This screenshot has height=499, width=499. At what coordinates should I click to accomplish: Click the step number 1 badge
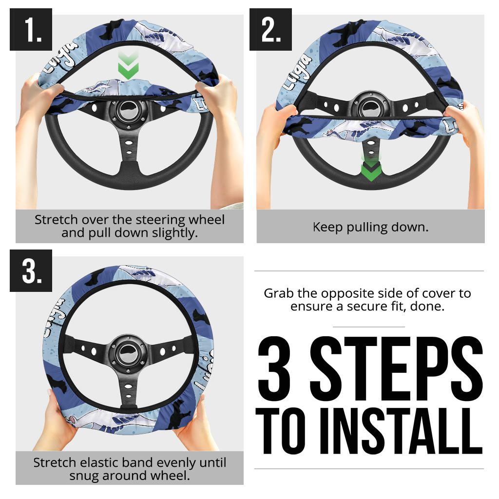pyautogui.click(x=31, y=29)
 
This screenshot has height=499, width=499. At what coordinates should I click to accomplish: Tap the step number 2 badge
pyautogui.click(x=270, y=29)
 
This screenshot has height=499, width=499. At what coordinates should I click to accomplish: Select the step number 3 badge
pyautogui.click(x=31, y=270)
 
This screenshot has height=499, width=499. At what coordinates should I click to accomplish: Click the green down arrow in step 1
pyautogui.click(x=128, y=66)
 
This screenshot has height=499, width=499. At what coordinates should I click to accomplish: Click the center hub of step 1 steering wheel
pyautogui.click(x=129, y=111)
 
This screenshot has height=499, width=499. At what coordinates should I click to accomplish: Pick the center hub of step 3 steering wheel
pyautogui.click(x=128, y=354)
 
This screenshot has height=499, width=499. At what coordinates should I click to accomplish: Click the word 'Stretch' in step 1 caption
pyautogui.click(x=56, y=220)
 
